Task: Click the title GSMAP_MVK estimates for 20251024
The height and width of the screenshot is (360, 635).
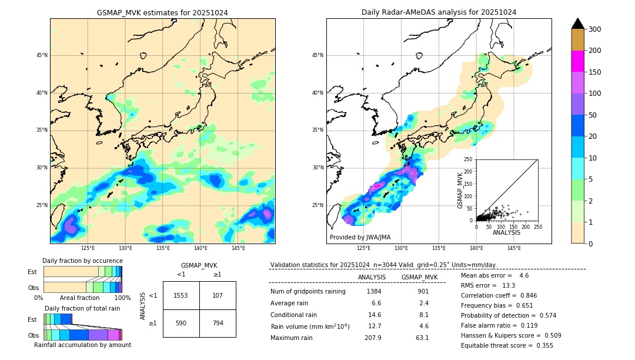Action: click(162, 12)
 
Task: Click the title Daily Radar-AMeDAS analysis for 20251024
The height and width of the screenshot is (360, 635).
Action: click(439, 12)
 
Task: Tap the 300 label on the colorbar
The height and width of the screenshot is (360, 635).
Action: click(595, 29)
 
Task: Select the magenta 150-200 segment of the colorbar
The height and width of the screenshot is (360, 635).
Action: click(577, 61)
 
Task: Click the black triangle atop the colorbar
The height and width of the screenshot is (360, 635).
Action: click(577, 24)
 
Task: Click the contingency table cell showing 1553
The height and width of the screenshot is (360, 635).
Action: click(181, 295)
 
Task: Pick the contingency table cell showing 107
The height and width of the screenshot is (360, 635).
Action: click(218, 295)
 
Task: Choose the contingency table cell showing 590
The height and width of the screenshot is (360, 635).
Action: click(181, 323)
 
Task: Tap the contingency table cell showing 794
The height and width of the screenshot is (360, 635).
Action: click(218, 323)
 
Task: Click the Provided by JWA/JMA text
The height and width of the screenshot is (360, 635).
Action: click(360, 238)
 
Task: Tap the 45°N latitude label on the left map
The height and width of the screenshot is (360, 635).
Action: click(42, 55)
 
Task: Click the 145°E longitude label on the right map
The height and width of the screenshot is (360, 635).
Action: click(514, 249)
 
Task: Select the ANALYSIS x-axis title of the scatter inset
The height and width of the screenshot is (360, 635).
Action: click(506, 232)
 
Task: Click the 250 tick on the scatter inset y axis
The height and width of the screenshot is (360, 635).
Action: click(469, 159)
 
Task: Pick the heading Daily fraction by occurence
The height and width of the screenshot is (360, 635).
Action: click(82, 261)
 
